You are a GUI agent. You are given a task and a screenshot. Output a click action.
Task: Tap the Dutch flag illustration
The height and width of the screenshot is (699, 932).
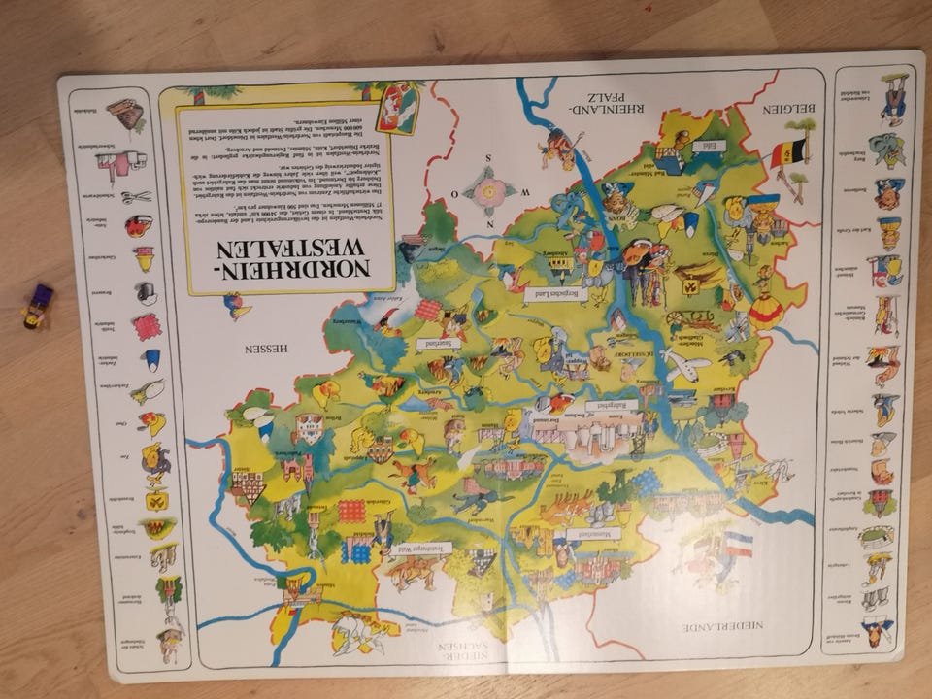(x=736, y=545)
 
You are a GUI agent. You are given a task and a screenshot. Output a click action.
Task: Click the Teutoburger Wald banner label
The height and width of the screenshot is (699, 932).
(x=423, y=549)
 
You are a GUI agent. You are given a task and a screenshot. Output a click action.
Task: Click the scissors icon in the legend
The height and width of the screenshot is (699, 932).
(x=136, y=197)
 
